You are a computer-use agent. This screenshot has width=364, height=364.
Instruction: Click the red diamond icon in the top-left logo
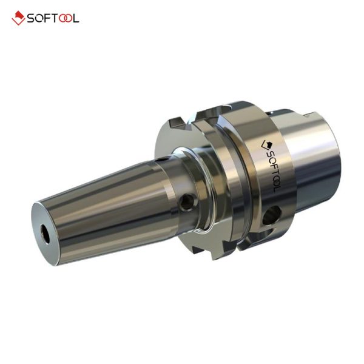click(18, 18)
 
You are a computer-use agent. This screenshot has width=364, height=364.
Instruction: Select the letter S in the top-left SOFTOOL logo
click(31, 18)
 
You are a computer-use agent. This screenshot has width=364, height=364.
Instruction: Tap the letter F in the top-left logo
click(48, 18)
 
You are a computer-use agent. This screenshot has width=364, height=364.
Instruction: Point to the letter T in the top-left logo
click(55, 18)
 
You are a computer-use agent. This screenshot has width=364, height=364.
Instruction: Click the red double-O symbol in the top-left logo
click(66, 18)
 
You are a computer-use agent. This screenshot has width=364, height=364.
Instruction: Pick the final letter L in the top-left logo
click(76, 18)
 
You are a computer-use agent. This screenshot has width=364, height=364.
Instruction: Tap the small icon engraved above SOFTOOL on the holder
click(266, 144)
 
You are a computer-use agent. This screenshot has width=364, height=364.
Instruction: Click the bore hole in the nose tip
click(45, 234)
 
